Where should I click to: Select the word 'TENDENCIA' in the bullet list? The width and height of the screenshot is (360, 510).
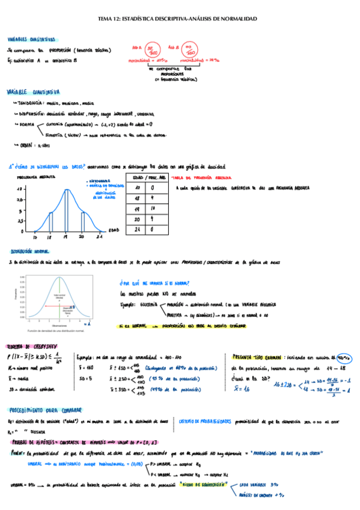[30, 103]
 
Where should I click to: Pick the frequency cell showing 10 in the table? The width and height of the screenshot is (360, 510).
[154, 208]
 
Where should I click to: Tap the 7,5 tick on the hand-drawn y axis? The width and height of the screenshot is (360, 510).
[19, 200]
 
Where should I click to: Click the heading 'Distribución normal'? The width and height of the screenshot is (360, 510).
[30, 251]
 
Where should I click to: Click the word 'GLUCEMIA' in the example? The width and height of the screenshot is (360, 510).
[150, 305]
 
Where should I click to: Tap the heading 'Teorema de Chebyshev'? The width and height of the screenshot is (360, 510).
[29, 347]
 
